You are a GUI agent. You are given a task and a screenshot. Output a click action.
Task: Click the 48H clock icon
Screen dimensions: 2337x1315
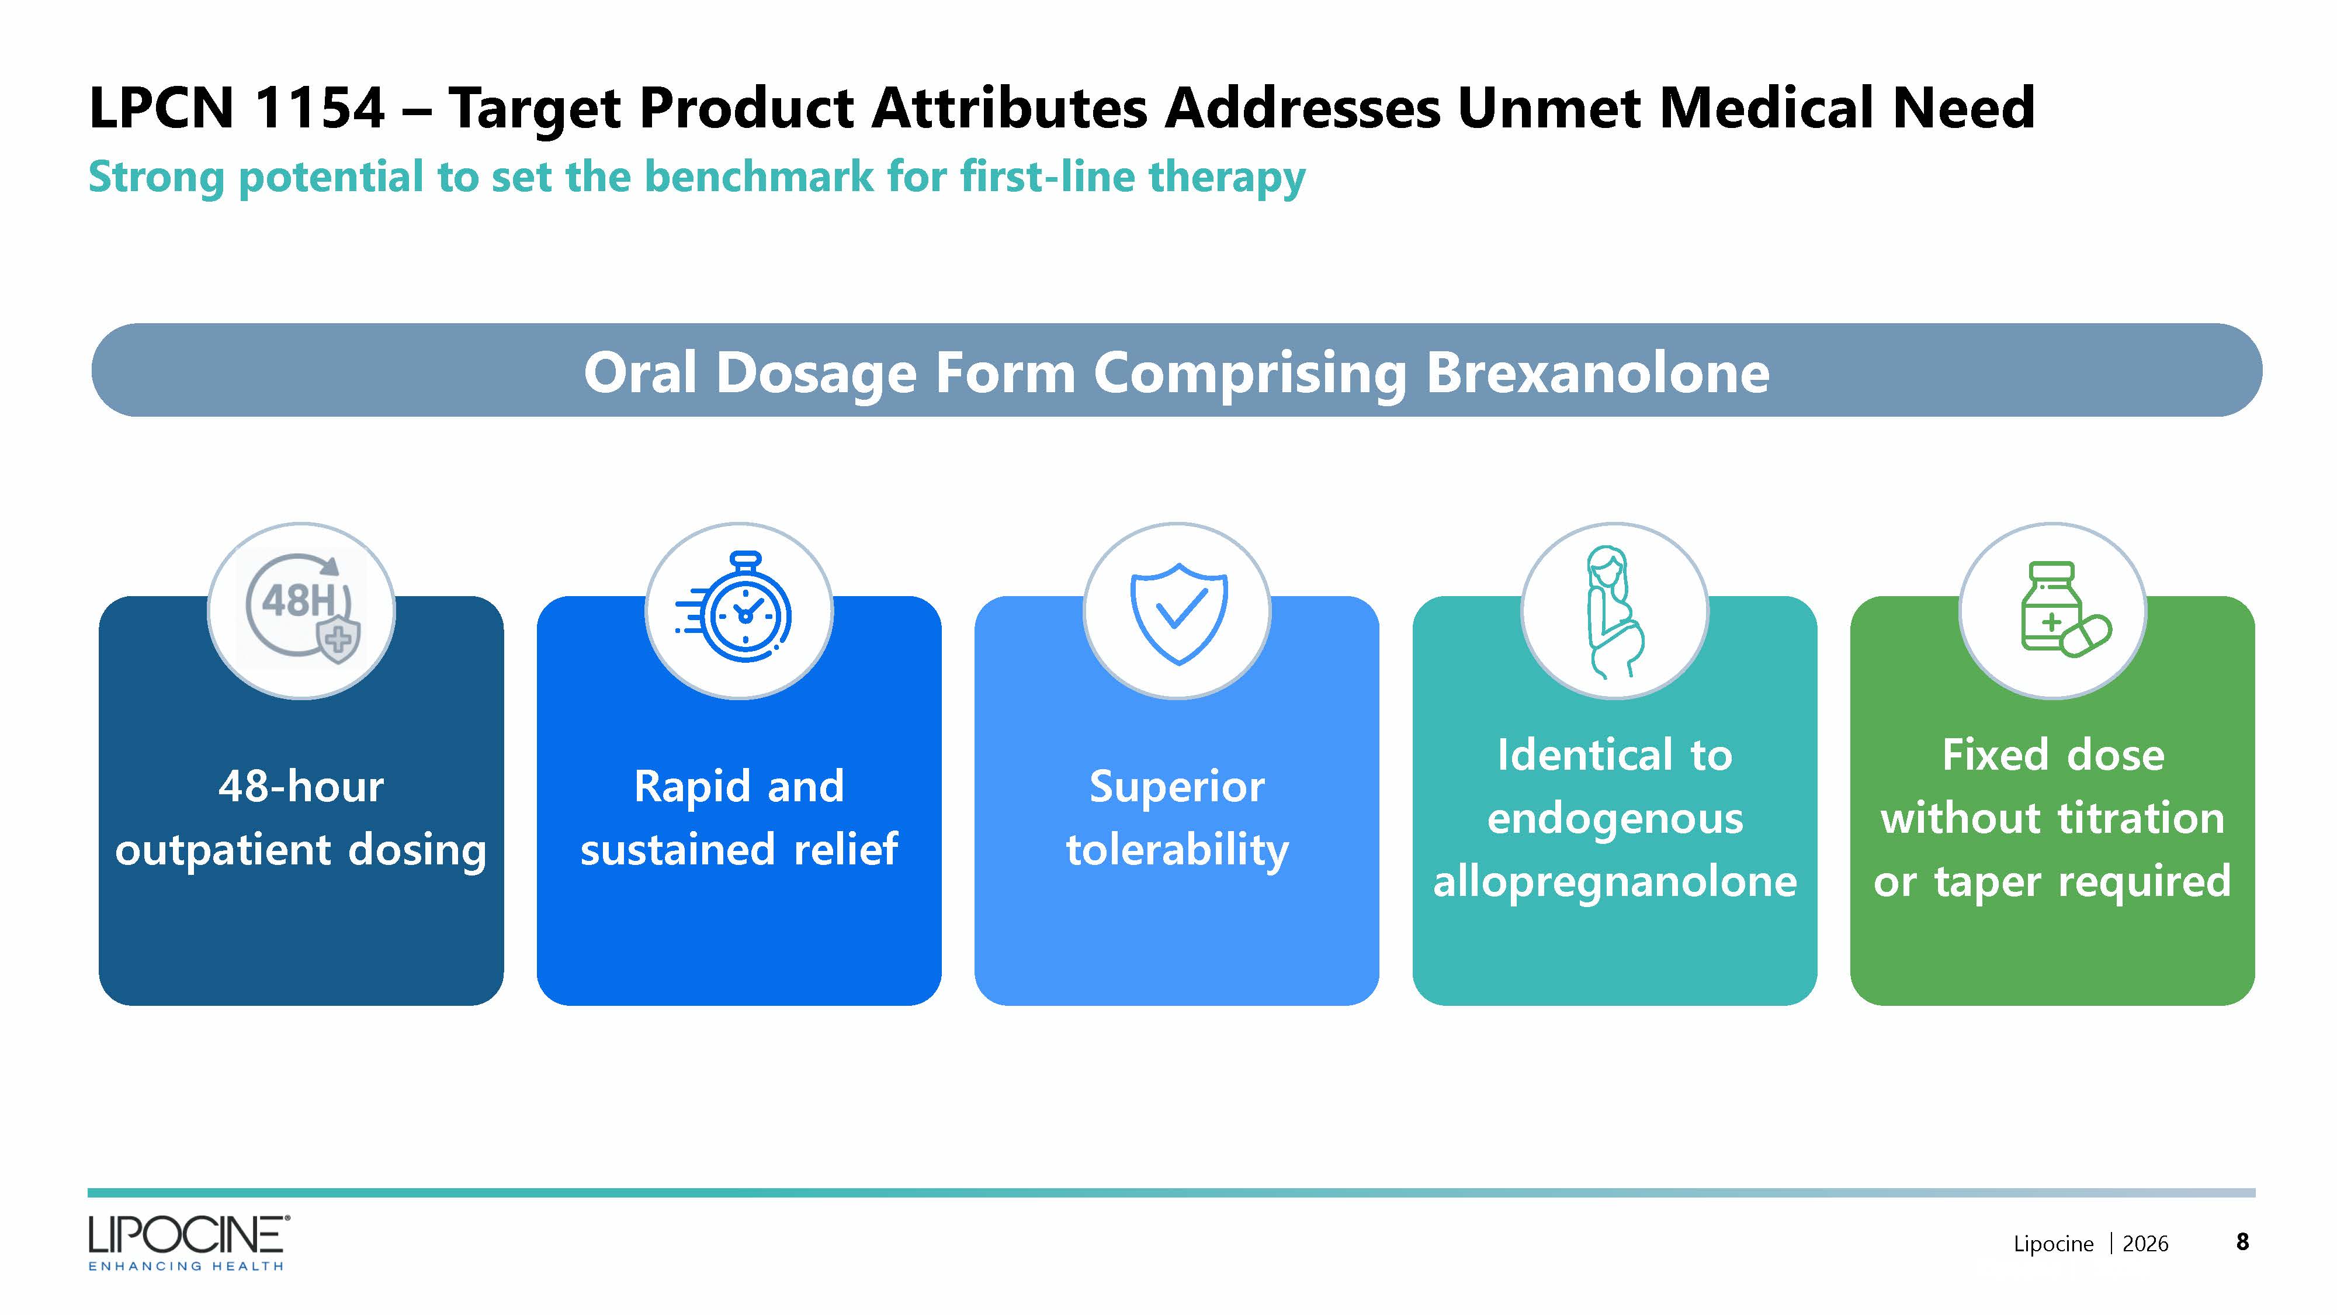coord(302,608)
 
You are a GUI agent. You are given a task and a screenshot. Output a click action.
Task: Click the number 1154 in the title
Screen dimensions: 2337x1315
coord(320,108)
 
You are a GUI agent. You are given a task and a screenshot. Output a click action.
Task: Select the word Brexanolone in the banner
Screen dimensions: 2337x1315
coord(1597,372)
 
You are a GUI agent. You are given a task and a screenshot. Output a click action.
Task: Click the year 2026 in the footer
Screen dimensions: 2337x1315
coord(2145,1243)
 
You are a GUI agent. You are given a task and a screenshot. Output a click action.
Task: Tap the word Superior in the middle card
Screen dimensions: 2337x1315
coord(1177,786)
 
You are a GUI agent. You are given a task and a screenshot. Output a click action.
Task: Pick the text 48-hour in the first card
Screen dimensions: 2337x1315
coord(301,786)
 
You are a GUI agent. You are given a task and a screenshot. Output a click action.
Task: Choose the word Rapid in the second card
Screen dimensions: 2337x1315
coord(692,787)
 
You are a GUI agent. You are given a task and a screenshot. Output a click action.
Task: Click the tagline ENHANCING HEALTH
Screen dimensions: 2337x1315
coord(186,1266)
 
